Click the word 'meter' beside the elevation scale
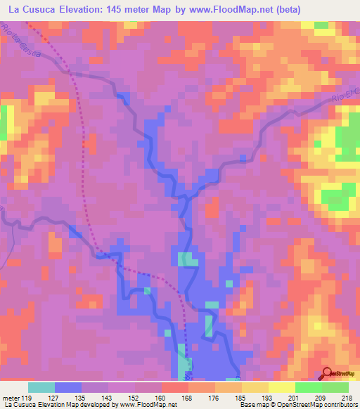click(13, 396)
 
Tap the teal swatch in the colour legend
click(41, 387)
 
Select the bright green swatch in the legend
click(309, 387)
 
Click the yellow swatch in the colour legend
click(255, 387)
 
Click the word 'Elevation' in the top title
click(80, 10)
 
